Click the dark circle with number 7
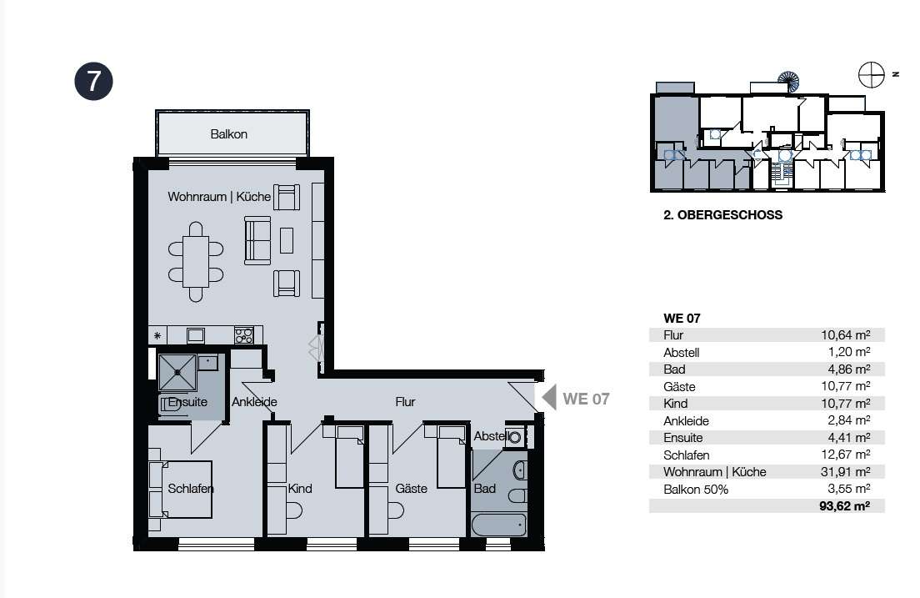click(94, 81)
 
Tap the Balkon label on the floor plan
click(229, 134)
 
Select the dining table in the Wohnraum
click(196, 261)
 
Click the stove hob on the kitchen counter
click(243, 335)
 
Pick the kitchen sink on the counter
click(195, 335)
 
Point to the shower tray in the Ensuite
click(177, 372)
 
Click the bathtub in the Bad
click(498, 525)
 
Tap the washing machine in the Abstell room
click(514, 437)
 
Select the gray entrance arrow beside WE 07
click(549, 397)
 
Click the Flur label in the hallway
click(405, 402)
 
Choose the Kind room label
click(300, 488)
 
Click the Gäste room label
click(411, 488)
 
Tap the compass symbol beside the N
click(872, 74)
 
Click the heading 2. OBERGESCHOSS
click(722, 215)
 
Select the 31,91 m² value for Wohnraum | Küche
click(845, 471)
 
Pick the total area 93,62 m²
click(844, 505)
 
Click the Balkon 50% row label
click(696, 490)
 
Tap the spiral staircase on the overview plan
click(788, 82)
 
